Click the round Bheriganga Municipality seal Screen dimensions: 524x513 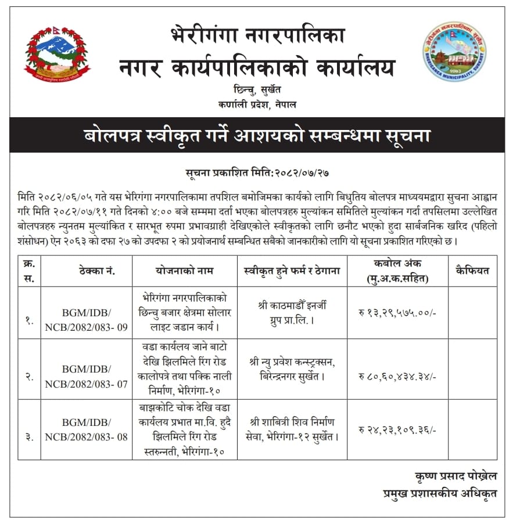click(x=454, y=52)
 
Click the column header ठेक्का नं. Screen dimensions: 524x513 click(x=86, y=270)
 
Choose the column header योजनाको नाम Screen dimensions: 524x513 click(x=184, y=270)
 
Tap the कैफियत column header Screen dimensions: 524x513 click(x=472, y=270)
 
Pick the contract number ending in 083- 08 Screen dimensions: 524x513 click(x=86, y=429)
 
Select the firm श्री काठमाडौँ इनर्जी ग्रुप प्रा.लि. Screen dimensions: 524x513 click(x=292, y=313)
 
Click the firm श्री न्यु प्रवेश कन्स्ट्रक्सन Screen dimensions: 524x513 click(x=292, y=369)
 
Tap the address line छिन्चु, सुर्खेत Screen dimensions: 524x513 click(x=257, y=90)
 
